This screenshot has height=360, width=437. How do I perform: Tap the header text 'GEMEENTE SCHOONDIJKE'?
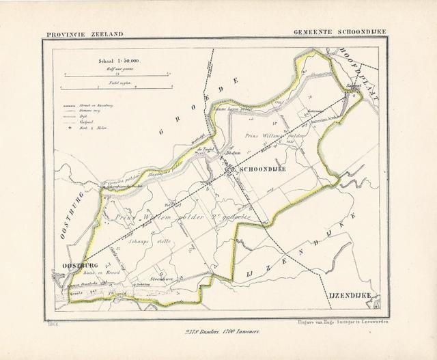[341, 33]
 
